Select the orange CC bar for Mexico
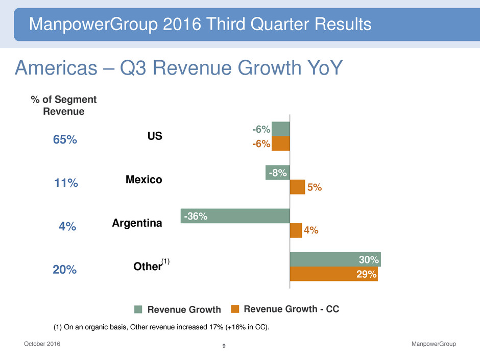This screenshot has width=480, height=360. [297, 187]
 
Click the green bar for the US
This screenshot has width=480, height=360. [280, 129]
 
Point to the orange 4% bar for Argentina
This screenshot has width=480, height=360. [296, 231]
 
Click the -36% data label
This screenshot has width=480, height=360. [196, 217]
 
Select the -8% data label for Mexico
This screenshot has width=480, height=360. [278, 173]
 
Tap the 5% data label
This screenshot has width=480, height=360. [314, 187]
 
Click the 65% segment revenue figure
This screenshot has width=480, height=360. [65, 140]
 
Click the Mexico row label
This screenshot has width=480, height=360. [143, 180]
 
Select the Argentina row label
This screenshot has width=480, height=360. [137, 223]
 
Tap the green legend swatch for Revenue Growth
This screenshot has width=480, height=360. [138, 309]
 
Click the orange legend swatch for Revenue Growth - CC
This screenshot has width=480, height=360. [235, 308]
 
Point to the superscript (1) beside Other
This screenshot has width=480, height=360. [165, 261]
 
